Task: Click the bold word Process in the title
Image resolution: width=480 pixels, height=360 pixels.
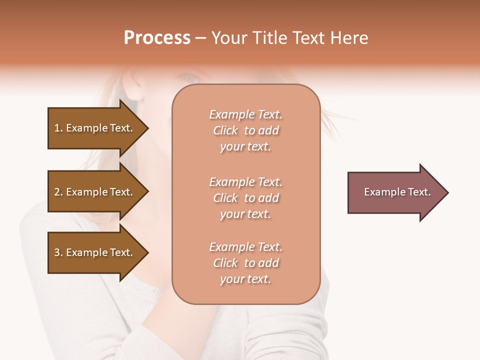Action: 157,38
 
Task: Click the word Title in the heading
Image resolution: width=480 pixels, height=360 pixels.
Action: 268,38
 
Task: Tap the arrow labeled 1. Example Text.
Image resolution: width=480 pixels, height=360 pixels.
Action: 95,128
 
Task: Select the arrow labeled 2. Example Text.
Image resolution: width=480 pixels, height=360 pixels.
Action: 95,192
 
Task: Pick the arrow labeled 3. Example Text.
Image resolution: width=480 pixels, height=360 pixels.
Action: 95,253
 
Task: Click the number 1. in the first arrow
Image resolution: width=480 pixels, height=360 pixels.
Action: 58,128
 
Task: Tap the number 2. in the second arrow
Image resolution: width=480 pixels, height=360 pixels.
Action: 58,192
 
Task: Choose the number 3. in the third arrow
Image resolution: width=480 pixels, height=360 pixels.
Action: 58,253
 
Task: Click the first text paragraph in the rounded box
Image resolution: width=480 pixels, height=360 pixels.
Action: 245,130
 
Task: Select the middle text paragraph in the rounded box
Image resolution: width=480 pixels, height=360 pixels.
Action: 245,198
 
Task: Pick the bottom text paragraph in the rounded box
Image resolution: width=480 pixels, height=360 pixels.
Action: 245,263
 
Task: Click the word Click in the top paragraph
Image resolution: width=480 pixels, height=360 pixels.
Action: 225,130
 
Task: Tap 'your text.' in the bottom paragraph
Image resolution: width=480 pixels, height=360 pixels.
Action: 245,279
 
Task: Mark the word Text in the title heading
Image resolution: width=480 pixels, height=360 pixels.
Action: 308,38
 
